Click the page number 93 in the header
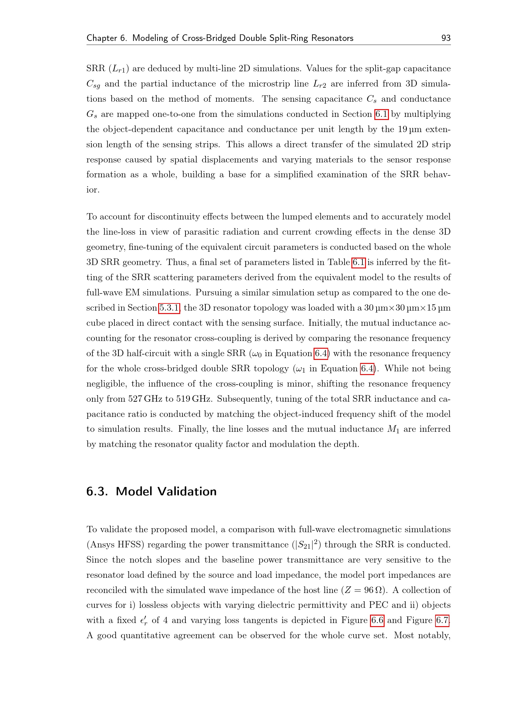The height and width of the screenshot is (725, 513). tap(446, 38)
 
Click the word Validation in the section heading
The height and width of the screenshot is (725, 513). tap(187, 492)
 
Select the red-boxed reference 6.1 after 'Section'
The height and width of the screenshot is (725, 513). tap(381, 114)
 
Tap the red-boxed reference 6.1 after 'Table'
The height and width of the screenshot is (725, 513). tap(359, 263)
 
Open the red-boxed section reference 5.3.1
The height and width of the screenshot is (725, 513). tap(169, 308)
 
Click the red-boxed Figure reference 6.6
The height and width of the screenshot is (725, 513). tap(377, 620)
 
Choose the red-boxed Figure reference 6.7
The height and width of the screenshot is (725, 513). tap(442, 620)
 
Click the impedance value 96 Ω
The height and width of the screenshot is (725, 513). tap(373, 590)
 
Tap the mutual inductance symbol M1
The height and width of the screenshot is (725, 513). tap(393, 429)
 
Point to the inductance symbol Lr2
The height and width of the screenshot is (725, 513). tap(319, 84)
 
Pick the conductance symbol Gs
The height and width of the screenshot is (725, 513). tap(91, 114)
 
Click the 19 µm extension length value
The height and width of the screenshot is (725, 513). tap(409, 130)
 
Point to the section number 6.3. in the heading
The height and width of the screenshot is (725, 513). tap(97, 492)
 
